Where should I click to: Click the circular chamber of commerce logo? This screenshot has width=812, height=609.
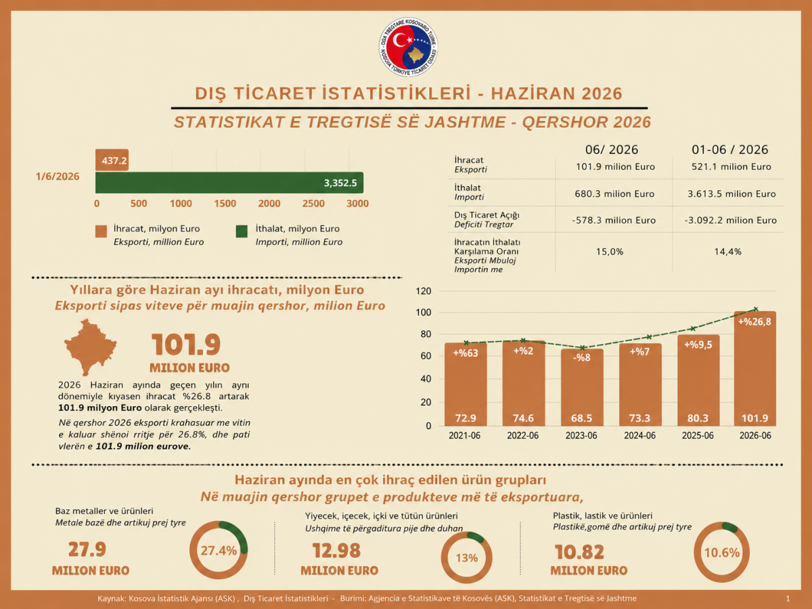point(408,47)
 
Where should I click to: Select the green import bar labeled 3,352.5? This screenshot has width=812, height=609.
point(229,183)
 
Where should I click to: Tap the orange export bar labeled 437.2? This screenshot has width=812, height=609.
point(112,160)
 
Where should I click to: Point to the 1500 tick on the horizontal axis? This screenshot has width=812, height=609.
point(225,204)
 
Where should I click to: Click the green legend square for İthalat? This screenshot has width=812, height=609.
point(242,231)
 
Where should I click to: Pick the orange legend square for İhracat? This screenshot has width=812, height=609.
point(101,231)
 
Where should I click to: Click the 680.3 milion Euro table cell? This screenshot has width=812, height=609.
point(614,194)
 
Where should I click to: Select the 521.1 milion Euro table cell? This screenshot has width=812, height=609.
point(731,166)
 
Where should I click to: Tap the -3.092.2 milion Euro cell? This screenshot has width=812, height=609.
point(730,221)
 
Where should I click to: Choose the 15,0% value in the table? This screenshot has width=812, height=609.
point(610,252)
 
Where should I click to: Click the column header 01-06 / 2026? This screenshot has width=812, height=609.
point(730,150)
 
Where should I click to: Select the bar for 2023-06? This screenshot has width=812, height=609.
point(582,387)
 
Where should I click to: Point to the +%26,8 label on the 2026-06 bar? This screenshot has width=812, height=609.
point(754,321)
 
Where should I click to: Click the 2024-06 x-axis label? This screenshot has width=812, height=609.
point(639,436)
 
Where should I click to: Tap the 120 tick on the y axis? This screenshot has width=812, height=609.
point(424,292)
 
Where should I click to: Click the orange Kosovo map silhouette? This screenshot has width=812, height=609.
point(90,347)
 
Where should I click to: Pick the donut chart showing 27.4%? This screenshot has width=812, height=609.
point(219,550)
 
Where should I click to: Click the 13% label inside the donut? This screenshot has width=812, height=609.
point(466,558)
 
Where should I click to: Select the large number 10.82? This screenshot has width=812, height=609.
point(579,552)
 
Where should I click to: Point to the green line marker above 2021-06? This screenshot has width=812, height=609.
point(466,343)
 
